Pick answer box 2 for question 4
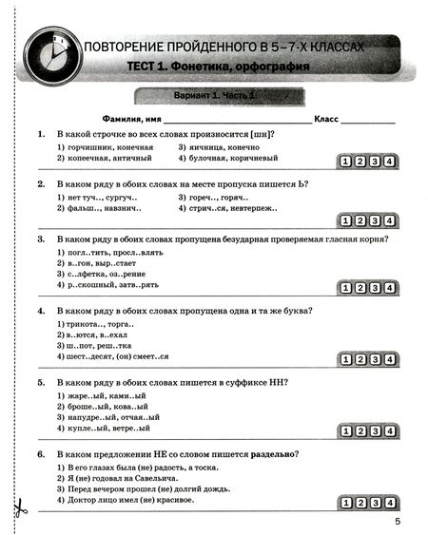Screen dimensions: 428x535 click(x=346, y=359)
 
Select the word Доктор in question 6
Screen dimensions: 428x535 click(x=81, y=499)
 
